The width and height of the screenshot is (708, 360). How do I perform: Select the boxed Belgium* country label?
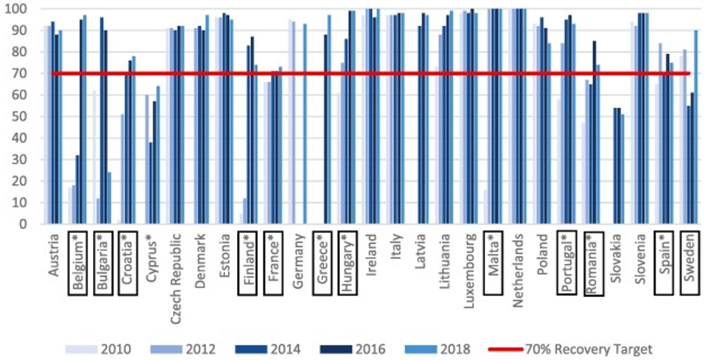(x=79, y=263)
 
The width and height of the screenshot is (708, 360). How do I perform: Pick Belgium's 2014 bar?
(x=77, y=189)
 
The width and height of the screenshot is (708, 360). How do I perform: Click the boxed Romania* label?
(x=593, y=263)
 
